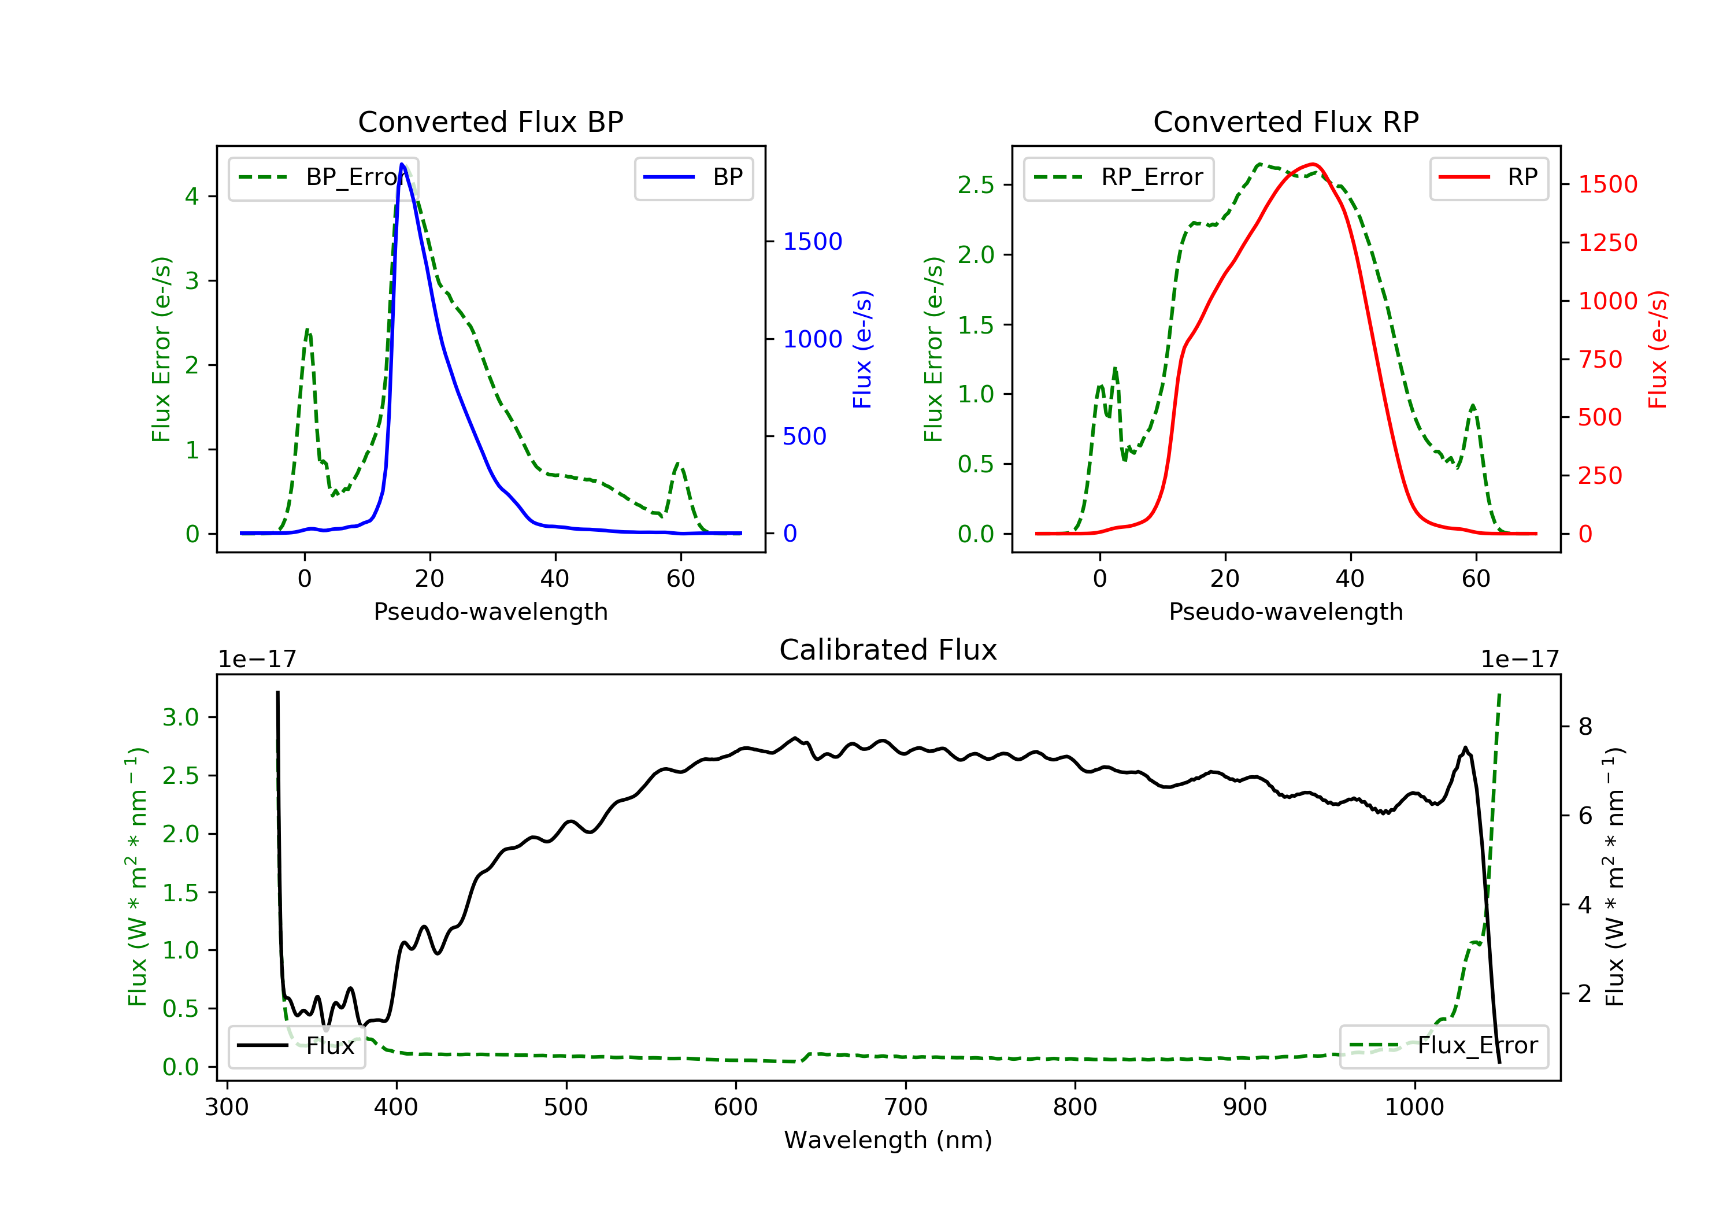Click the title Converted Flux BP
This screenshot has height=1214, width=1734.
click(x=490, y=121)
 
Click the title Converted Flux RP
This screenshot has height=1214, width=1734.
click(x=1285, y=121)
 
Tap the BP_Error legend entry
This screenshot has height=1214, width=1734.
click(x=323, y=177)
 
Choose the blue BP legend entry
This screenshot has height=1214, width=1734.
click(x=693, y=177)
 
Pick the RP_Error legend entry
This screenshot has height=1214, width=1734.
click(x=1118, y=177)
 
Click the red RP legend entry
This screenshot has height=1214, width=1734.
click(x=1488, y=177)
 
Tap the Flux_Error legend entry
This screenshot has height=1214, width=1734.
click(x=1443, y=1046)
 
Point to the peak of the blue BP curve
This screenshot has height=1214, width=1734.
click(x=402, y=164)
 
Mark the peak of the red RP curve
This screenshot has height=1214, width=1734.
click(x=1313, y=164)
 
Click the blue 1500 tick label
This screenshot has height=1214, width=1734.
click(x=812, y=242)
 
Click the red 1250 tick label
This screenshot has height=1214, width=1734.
click(x=1608, y=242)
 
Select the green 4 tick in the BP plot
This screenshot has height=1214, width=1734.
click(x=192, y=197)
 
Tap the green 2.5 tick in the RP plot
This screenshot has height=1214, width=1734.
click(x=976, y=185)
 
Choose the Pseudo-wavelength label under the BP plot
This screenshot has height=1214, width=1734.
click(x=490, y=611)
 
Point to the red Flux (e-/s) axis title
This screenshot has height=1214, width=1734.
click(x=1657, y=349)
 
